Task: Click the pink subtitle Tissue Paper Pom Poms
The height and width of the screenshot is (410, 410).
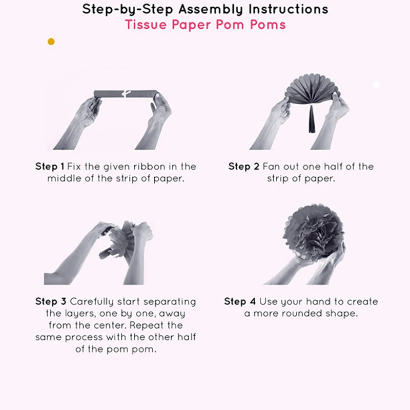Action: [x=205, y=25]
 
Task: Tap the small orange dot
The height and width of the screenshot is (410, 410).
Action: [x=51, y=42]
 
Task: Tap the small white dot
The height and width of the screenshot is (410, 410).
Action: [x=376, y=85]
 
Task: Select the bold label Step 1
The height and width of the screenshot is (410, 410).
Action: [x=50, y=167]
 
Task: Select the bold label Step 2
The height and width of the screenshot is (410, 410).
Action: [x=243, y=167]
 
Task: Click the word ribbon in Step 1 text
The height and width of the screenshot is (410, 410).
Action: [x=146, y=167]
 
